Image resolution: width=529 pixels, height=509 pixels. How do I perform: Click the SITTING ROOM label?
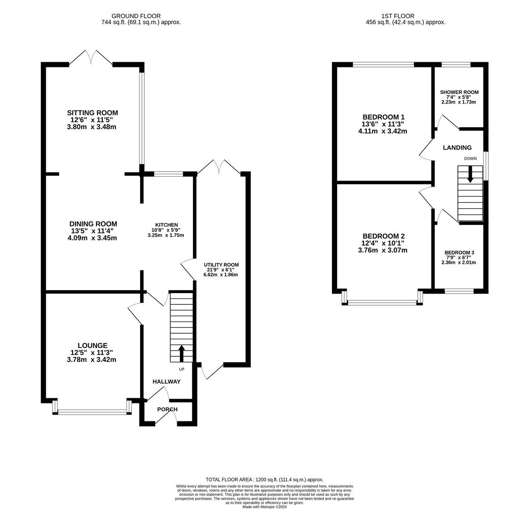pos(92,113)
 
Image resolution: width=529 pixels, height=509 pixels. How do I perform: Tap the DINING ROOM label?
pos(93,224)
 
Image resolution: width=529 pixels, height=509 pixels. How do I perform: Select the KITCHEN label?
pos(166,225)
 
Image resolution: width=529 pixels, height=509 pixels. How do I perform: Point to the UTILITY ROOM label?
pos(221,265)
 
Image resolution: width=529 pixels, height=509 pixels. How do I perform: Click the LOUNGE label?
pos(92,345)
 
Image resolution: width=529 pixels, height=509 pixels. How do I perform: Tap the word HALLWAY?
pos(166,381)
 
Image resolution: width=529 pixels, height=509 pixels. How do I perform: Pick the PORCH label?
pos(167,410)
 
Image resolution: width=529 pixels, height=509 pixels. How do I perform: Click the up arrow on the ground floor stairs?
pos(182,353)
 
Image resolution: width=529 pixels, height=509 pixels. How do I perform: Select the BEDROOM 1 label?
pos(383,117)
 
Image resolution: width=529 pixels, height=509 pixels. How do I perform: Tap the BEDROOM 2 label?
pos(383,236)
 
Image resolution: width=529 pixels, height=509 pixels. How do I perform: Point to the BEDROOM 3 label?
pos(459,253)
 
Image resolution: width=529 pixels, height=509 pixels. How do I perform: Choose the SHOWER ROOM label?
pos(459,92)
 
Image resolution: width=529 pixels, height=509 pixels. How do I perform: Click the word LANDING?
pos(457,148)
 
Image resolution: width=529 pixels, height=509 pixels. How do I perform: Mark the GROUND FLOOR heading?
pos(136,16)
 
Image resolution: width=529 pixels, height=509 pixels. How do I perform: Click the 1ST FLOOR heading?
pos(398,16)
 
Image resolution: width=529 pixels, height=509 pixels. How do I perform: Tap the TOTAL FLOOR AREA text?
pos(264,479)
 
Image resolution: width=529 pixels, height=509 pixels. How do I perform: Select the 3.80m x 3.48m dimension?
pos(92,127)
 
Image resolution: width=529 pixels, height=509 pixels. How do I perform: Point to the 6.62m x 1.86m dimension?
pos(221,275)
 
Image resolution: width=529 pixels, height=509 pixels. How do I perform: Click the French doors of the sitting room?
pos(91,57)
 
